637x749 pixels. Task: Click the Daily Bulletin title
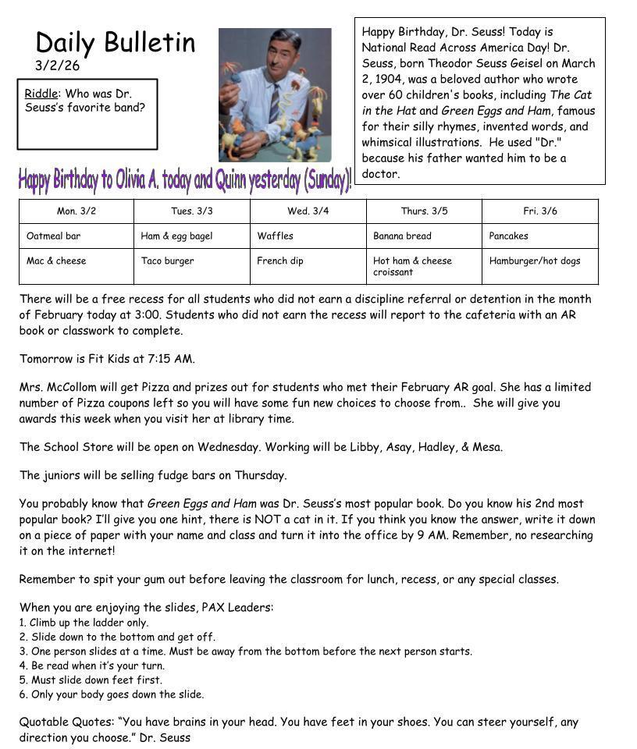point(116,43)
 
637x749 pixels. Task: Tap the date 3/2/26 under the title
point(57,66)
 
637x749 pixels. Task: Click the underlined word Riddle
point(41,94)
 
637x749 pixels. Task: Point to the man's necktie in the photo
point(274,101)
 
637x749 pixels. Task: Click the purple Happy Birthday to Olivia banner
point(185,179)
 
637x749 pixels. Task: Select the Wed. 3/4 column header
point(308,211)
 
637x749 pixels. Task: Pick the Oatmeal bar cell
point(53,236)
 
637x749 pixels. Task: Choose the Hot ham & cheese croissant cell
point(412,266)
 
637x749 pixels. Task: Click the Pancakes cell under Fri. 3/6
point(508,236)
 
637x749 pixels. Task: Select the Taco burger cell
point(167,261)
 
